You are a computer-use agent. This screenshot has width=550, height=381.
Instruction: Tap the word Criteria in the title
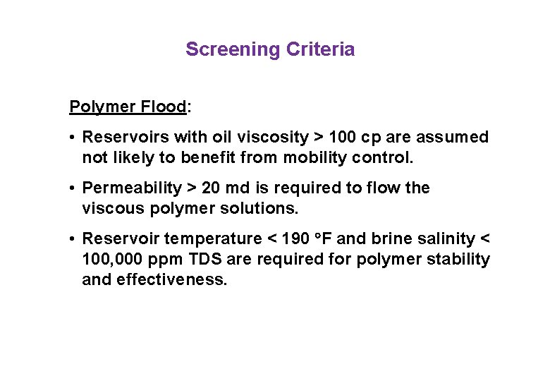(x=320, y=49)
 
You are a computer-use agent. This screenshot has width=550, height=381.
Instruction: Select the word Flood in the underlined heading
(x=164, y=107)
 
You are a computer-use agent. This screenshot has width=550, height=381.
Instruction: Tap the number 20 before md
(x=211, y=188)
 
